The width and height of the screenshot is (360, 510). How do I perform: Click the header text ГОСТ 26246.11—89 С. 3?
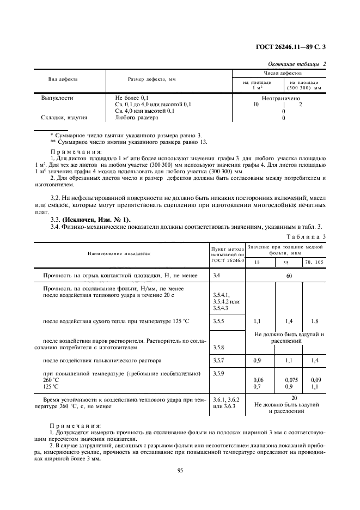[x=295, y=46]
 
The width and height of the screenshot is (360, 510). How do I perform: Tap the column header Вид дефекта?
[x=63, y=80]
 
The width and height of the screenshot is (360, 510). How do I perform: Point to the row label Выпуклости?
[x=58, y=99]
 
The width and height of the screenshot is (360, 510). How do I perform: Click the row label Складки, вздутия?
[x=64, y=117]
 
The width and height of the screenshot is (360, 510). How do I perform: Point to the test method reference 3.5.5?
[x=219, y=322]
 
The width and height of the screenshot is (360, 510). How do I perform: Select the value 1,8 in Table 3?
[x=313, y=322]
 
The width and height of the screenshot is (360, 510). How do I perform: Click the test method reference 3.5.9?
[x=219, y=373]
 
